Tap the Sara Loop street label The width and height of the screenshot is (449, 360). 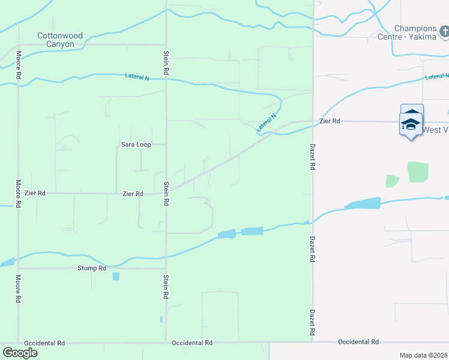135,145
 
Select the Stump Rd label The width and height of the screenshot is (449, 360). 92,268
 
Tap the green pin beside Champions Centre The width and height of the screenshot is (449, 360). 444,30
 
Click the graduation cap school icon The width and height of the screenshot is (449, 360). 411,124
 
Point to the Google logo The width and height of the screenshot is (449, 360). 20,353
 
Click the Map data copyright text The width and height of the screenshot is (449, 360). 423,355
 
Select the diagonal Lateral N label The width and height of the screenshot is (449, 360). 267,123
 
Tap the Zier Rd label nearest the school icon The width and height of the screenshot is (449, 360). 330,121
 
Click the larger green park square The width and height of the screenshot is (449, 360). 418,172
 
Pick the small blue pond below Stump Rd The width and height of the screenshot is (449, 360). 116,277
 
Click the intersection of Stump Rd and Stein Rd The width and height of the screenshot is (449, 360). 166,268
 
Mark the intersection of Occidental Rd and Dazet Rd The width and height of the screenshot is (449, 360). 313,342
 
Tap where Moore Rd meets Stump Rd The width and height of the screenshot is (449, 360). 18,268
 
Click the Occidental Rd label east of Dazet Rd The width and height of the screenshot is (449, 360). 358,342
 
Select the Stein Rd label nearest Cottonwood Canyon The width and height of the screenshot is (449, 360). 166,62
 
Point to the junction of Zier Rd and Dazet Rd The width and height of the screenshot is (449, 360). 313,122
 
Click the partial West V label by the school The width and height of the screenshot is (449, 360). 435,130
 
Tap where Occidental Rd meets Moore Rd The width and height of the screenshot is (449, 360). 18,343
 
